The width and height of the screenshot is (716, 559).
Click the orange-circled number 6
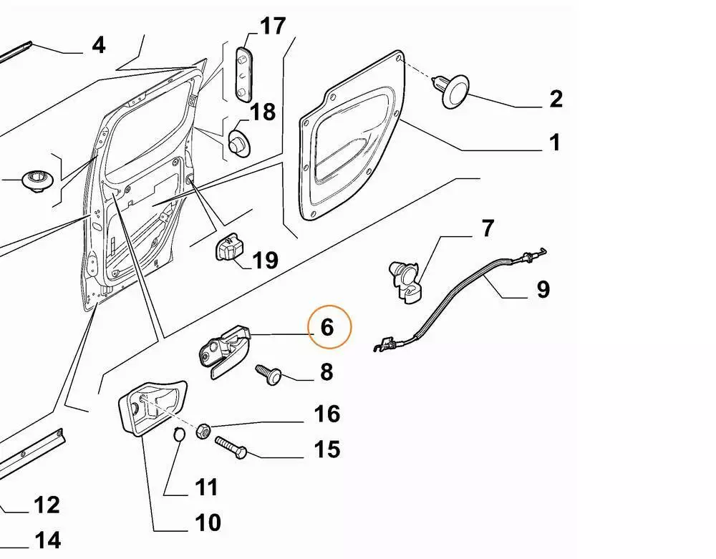[x=327, y=328]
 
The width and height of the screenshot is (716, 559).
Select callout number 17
[x=272, y=27]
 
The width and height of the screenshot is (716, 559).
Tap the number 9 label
[x=543, y=289]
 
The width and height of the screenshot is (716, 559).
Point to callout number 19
[x=266, y=260]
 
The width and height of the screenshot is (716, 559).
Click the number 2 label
[x=556, y=99]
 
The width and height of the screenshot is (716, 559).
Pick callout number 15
[x=326, y=449]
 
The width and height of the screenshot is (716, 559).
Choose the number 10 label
[x=208, y=523]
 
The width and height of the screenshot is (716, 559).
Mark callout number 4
[x=99, y=45]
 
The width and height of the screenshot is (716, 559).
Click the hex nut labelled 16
[x=203, y=430]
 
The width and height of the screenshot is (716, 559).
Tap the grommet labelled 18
[x=238, y=140]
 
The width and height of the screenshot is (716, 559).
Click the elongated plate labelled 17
[x=245, y=73]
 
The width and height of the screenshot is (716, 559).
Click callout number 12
[x=47, y=505]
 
